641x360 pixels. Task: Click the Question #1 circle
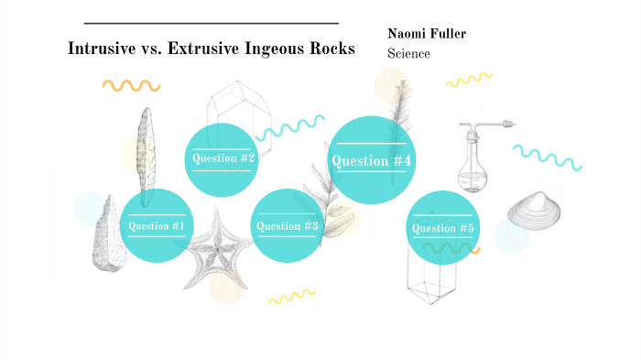(157, 225)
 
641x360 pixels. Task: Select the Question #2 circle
(222, 158)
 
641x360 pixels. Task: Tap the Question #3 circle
(288, 226)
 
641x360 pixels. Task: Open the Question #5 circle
(443, 228)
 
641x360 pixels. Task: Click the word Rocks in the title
(329, 49)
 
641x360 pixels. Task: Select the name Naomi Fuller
(427, 34)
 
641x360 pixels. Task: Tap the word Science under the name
(408, 54)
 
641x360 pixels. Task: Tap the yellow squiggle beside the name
(468, 81)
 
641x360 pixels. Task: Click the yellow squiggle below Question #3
(291, 297)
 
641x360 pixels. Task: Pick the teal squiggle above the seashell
(546, 157)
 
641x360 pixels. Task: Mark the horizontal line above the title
(211, 23)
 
